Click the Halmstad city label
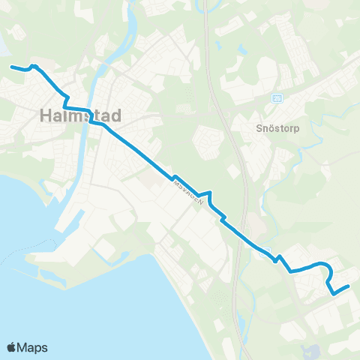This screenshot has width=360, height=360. click(79, 116)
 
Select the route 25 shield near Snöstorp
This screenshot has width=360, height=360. click(277, 97)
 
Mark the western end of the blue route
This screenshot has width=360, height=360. click(11, 67)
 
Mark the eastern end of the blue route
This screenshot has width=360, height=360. click(349, 286)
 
